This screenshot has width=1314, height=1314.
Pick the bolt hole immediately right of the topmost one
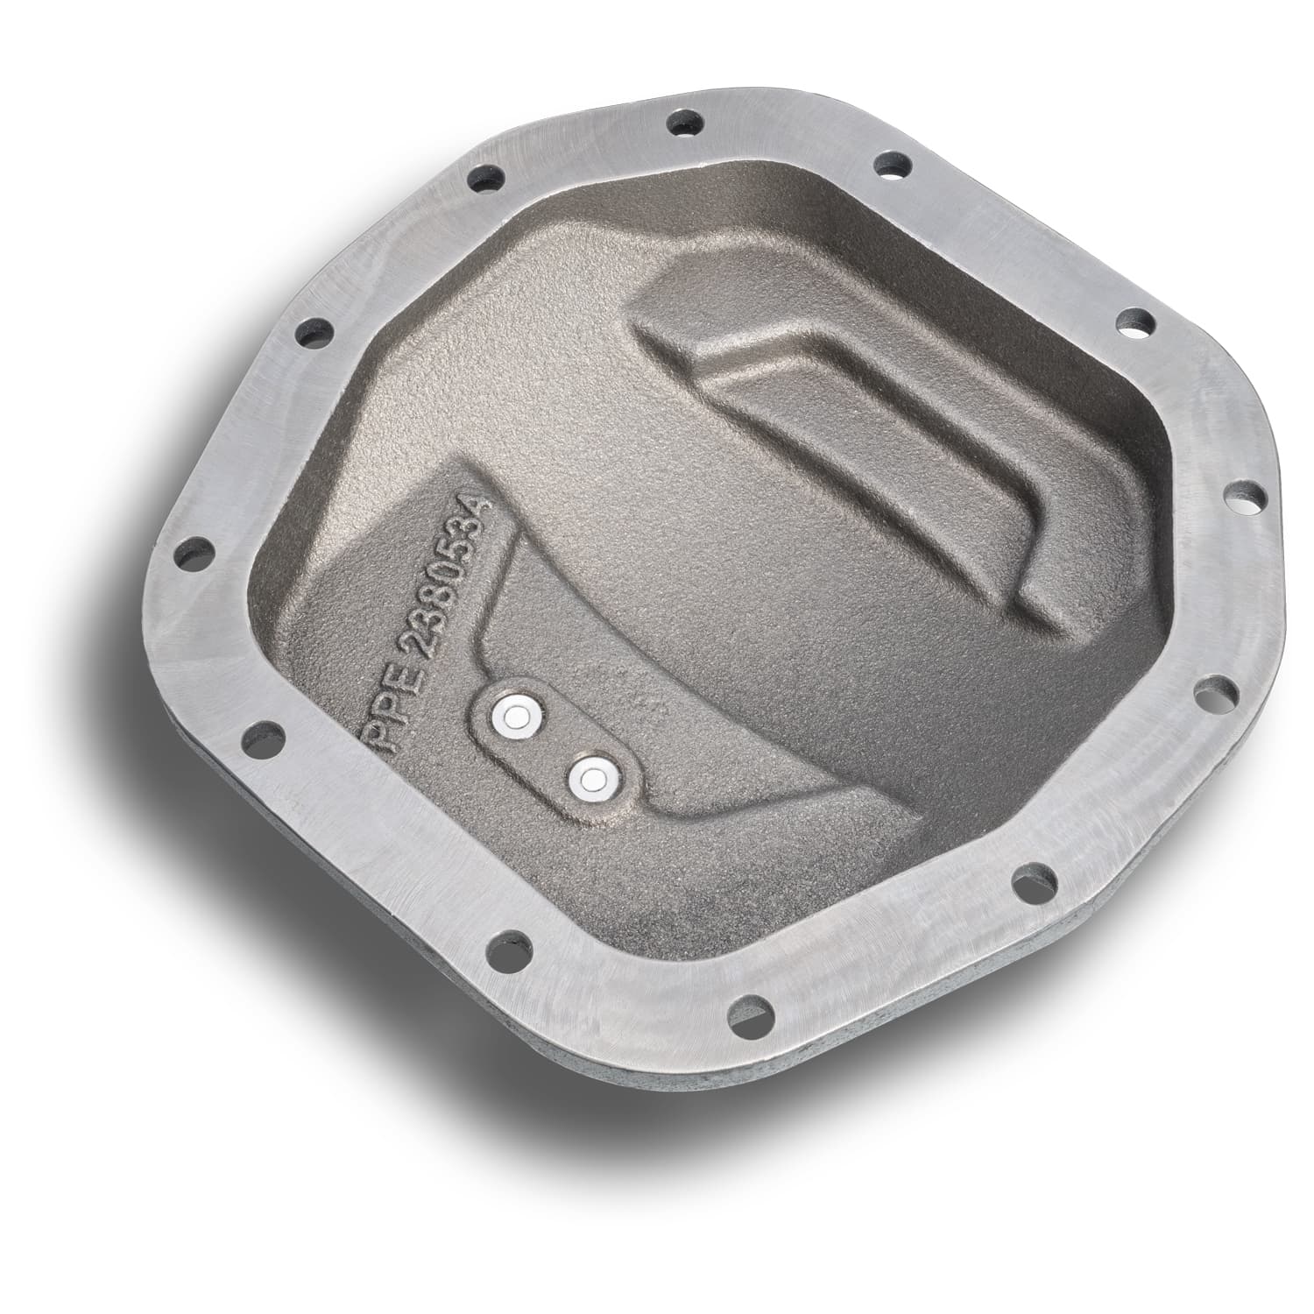tap(892, 164)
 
